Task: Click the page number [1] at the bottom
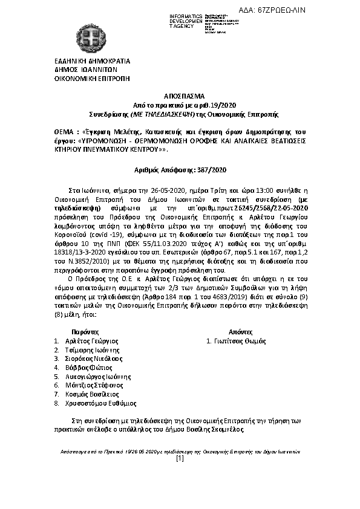pyautogui.click(x=180, y=459)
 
